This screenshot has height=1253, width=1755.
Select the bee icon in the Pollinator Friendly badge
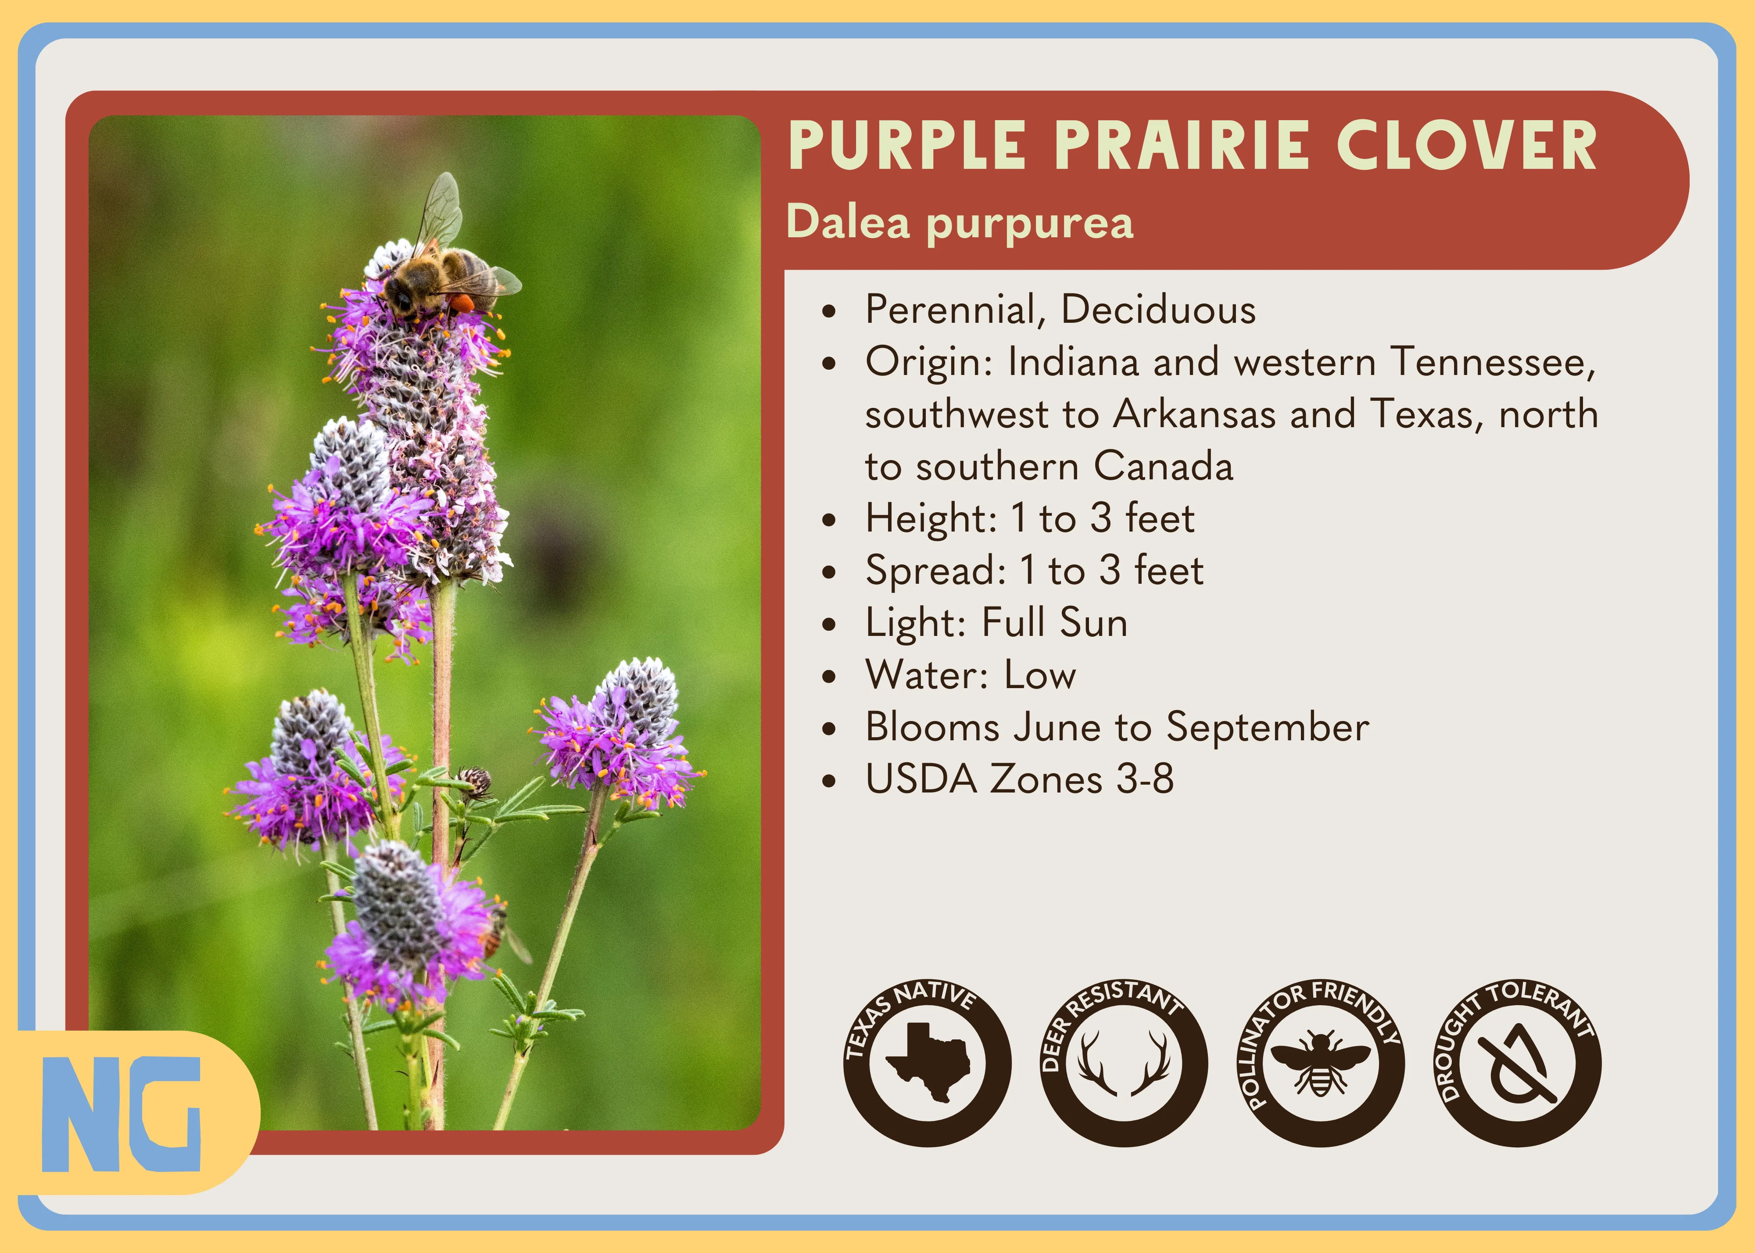pos(1321,1063)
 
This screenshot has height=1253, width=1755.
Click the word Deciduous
pos(1158,309)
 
